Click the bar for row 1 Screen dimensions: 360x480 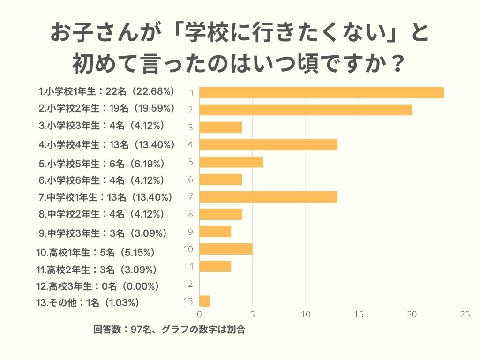322,92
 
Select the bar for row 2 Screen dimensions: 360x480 306,110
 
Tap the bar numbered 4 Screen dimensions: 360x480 268,144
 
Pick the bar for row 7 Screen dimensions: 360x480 268,197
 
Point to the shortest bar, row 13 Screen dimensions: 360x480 204,301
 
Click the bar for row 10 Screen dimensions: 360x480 226,249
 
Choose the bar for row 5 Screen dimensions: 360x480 231,162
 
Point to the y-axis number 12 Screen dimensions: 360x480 189,284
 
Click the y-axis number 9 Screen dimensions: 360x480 190,232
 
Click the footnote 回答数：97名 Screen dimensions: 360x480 123,330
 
